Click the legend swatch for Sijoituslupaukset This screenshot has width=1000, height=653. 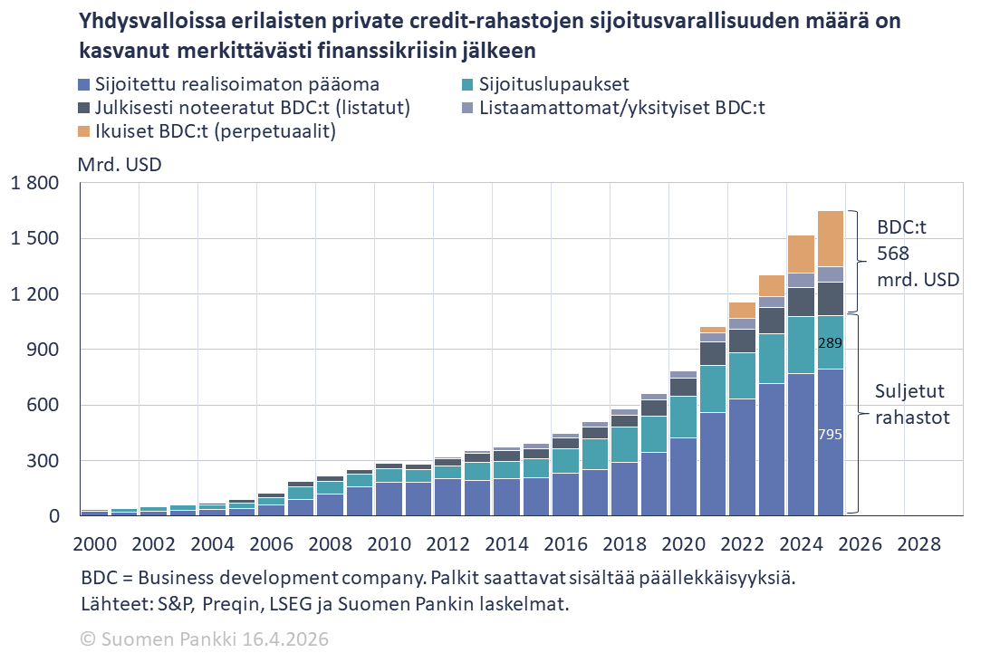click(467, 85)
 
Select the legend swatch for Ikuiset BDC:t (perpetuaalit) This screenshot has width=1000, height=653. click(83, 132)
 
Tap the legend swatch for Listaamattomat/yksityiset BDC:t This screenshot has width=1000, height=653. click(467, 109)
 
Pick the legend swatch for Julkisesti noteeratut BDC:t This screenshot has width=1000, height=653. click(83, 109)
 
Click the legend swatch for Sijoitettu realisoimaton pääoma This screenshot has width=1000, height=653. click(83, 85)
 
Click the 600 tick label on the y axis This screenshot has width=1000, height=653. click(44, 406)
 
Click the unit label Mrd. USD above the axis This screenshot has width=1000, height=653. click(121, 165)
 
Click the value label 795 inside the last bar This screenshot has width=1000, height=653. click(830, 435)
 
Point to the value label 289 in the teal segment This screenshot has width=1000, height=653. click(830, 343)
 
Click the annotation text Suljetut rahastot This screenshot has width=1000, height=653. click(911, 405)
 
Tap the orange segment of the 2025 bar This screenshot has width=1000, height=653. click(830, 238)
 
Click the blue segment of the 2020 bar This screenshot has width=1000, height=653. click(683, 476)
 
